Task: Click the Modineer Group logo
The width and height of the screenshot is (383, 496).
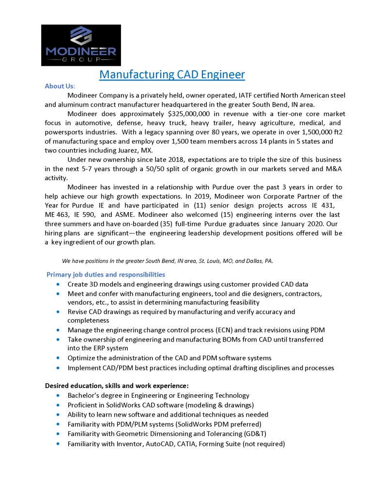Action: tap(80, 45)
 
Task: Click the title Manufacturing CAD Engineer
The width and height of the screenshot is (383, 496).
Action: tap(172, 74)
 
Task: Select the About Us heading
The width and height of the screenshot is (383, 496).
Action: tap(60, 86)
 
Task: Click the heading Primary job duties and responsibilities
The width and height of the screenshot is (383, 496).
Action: tap(106, 275)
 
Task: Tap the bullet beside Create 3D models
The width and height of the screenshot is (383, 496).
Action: tap(59, 284)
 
